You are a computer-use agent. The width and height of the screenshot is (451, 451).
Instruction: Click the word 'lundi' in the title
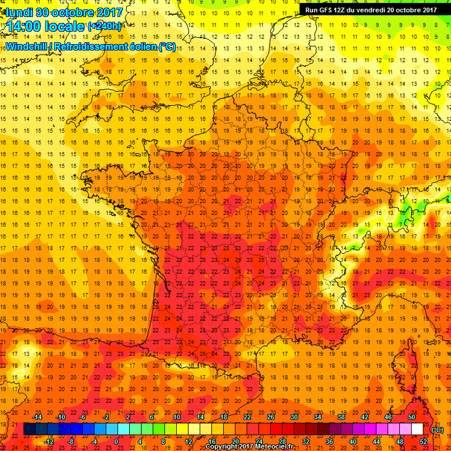tap(19, 12)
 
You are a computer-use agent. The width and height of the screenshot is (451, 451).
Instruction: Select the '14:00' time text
tap(29, 26)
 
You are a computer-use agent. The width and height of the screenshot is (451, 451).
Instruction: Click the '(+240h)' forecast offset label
tap(105, 26)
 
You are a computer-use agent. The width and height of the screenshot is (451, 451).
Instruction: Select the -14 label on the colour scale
tap(38, 416)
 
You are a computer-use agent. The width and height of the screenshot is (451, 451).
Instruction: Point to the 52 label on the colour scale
tap(424, 442)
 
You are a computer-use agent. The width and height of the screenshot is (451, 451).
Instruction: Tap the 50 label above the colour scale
tap(412, 416)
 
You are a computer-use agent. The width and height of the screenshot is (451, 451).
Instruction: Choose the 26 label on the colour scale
tap(271, 416)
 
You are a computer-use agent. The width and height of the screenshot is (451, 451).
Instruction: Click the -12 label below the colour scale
tap(49, 442)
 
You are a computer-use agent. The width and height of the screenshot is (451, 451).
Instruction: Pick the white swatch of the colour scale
tap(418, 429)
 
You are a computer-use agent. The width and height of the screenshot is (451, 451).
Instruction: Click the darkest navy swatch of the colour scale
tap(29, 429)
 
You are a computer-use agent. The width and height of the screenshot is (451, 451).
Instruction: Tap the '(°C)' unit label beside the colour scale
tap(437, 429)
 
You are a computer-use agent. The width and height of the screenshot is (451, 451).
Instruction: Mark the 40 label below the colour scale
tap(353, 442)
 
